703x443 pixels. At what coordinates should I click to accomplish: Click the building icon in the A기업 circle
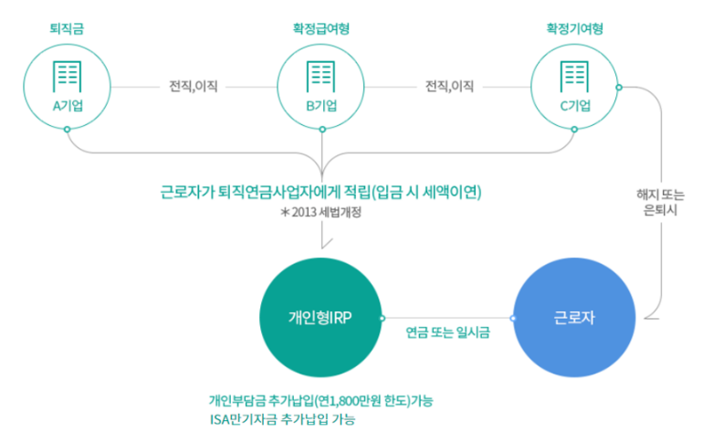[x=67, y=76]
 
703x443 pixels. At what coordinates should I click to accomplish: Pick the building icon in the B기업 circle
[x=320, y=76]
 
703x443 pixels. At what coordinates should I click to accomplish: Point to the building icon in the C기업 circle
[x=574, y=76]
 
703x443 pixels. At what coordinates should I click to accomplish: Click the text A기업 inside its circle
[x=67, y=105]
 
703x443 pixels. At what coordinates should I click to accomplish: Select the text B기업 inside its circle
[x=320, y=105]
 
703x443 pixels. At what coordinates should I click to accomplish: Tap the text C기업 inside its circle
[x=574, y=105]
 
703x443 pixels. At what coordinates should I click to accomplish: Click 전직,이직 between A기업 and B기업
[x=194, y=87]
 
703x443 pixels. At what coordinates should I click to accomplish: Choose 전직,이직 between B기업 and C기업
[x=449, y=87]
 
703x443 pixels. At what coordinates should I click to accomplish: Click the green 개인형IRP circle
[x=320, y=317]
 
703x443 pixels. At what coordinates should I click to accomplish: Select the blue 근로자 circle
[x=573, y=317]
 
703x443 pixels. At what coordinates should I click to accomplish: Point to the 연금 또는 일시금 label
[x=447, y=332]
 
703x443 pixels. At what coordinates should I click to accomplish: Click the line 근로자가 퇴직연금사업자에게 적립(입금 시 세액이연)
[x=320, y=193]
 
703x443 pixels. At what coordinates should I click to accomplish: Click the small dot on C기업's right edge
[x=619, y=87]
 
